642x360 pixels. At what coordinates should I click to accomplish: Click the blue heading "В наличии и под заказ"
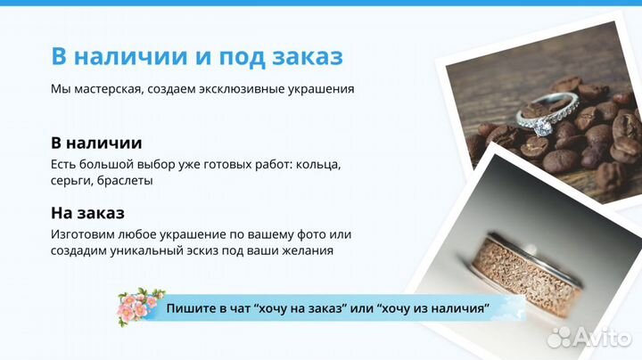[x=196, y=55]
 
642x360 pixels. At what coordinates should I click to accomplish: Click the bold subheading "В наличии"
[x=96, y=143]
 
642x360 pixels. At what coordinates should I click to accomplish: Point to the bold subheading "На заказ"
[x=87, y=213]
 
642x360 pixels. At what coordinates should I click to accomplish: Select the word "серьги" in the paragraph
[x=70, y=180]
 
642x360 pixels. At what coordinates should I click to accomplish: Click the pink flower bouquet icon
[x=141, y=306]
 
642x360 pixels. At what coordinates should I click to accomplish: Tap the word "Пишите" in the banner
[x=189, y=307]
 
